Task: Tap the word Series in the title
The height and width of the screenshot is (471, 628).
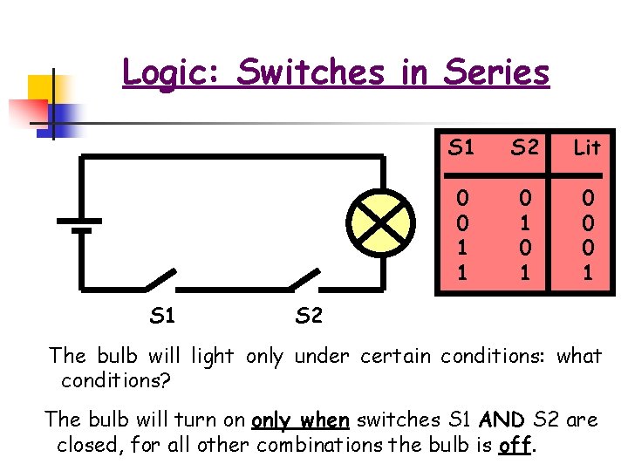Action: [x=497, y=72]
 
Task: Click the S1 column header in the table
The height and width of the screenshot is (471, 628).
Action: [x=461, y=147]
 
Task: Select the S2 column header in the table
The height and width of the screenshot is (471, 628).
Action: [x=524, y=147]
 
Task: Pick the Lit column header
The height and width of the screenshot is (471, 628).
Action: [x=587, y=147]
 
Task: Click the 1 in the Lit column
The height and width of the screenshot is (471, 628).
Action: [x=587, y=273]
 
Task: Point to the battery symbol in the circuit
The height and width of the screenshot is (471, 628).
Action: [x=80, y=223]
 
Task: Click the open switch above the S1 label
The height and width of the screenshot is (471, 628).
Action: [x=160, y=279]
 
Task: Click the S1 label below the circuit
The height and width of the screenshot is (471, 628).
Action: [x=162, y=315]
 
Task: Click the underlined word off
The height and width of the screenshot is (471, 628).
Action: [x=515, y=446]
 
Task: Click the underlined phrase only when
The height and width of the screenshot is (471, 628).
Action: [x=300, y=420]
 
